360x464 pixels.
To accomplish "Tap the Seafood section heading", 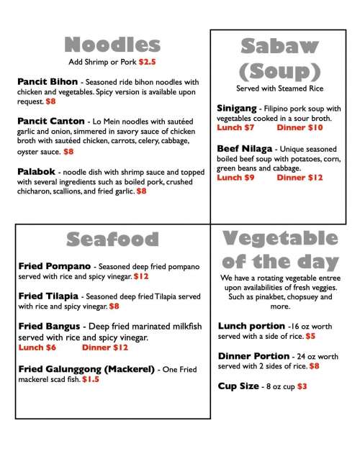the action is click(112, 240).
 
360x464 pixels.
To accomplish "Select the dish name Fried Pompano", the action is click(53, 266).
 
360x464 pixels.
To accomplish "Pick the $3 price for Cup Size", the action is click(302, 386).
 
